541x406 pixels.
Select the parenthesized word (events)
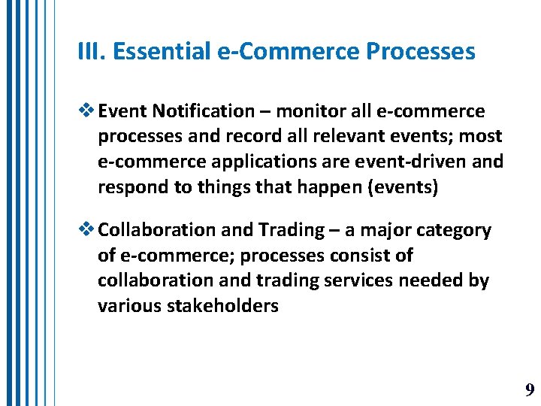(x=401, y=187)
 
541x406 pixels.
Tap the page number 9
(x=530, y=389)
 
